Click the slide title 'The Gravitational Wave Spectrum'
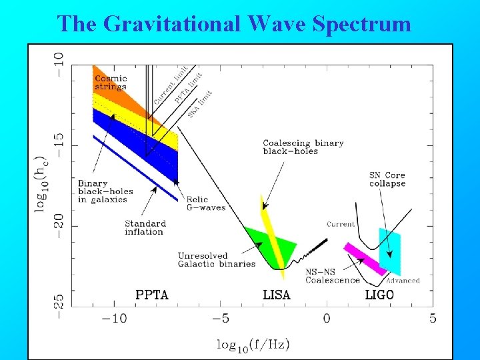click(234, 23)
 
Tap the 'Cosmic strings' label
click(111, 83)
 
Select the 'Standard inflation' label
click(145, 227)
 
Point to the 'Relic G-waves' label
click(206, 203)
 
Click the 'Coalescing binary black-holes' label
click(303, 147)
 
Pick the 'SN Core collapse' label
click(387, 179)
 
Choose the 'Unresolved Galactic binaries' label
click(216, 259)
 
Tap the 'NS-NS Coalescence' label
click(332, 276)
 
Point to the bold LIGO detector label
click(379, 294)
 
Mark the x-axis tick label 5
click(433, 319)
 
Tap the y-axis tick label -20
click(59, 225)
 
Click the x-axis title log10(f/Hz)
click(253, 345)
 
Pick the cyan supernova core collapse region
click(390, 251)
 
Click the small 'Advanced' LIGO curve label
click(403, 281)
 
